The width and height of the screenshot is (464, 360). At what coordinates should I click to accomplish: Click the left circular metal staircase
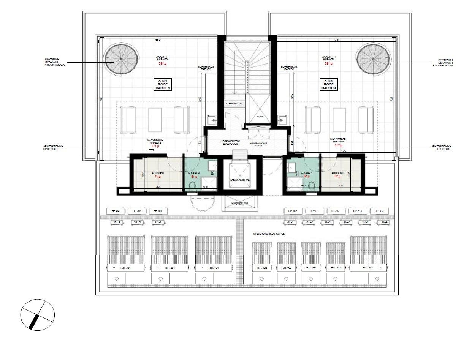pos(121,59)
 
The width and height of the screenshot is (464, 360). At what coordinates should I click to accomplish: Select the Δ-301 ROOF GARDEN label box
pos(163,84)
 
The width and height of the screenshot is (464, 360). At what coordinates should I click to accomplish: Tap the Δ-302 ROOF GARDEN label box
pos(327,84)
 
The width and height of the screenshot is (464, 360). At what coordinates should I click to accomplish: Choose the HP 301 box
pos(116,211)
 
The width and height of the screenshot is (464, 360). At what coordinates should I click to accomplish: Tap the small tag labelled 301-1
pos(157,222)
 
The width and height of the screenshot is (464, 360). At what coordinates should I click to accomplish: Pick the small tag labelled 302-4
pos(384,222)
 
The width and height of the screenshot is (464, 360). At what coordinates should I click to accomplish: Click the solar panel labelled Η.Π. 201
pos(170,253)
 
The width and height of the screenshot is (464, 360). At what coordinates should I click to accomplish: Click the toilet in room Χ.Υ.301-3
pos(192,186)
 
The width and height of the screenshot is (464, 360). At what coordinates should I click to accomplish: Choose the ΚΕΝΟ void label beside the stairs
pos(260,117)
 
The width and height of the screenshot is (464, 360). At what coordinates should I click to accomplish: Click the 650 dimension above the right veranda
pos(336,40)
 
